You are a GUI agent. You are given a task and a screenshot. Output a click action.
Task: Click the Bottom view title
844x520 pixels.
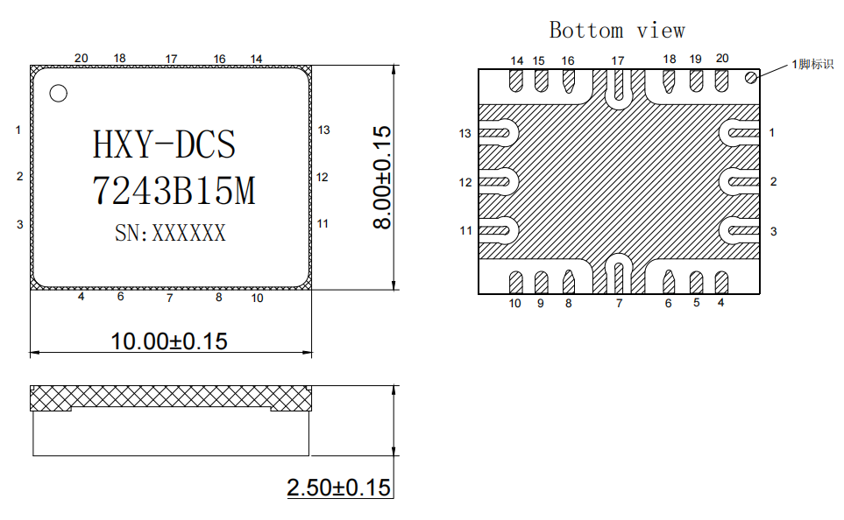(617, 30)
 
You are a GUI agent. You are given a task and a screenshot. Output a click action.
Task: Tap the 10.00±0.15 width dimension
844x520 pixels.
(169, 341)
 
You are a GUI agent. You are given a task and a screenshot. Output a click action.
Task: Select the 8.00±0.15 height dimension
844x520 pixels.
(381, 178)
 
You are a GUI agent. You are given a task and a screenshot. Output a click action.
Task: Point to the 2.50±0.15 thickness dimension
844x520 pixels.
(338, 488)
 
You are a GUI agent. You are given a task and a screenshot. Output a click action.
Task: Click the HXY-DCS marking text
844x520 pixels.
(164, 144)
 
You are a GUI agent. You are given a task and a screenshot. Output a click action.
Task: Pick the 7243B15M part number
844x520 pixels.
(174, 191)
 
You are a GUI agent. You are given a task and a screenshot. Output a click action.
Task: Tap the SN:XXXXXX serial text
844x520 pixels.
(170, 233)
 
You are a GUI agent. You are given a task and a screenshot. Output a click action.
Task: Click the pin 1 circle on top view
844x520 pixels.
(58, 93)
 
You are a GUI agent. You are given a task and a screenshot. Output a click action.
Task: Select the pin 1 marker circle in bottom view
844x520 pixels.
(750, 78)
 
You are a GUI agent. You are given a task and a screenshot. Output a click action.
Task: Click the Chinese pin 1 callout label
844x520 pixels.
(812, 64)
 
